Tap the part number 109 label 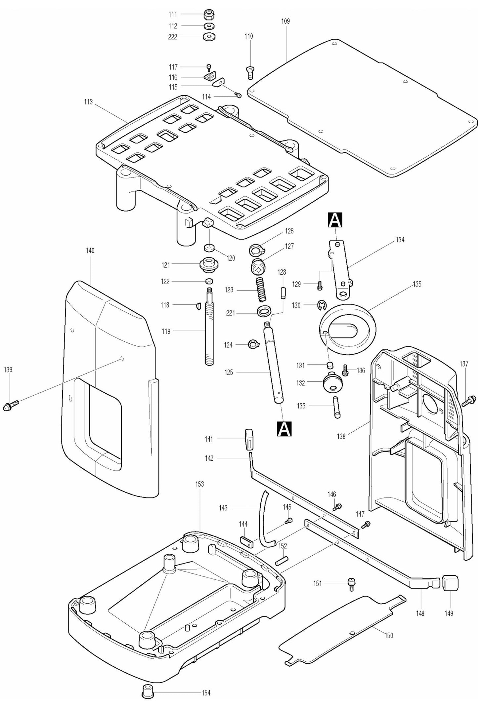(285, 21)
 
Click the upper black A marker (335, 220)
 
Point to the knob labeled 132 (332, 382)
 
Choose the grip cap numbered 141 (249, 439)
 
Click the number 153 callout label (199, 484)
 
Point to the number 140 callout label (90, 251)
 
